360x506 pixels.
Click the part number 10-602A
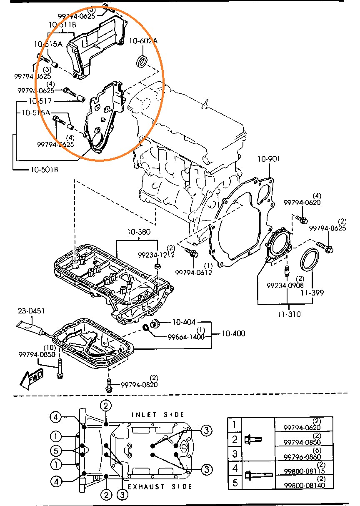[143, 41]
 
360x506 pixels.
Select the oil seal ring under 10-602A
[142, 61]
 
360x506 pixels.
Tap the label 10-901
[269, 159]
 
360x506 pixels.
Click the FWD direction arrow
[32, 378]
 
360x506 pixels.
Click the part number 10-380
[139, 232]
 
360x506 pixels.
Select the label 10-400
[233, 333]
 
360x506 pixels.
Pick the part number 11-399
[312, 293]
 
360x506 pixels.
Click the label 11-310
[289, 314]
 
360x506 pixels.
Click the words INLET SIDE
[158, 415]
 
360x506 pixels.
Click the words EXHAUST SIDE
[160, 487]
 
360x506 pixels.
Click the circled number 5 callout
[56, 451]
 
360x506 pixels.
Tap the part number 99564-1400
[186, 337]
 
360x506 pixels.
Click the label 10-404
[184, 322]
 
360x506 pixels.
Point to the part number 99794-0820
[139, 385]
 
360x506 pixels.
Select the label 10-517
[40, 101]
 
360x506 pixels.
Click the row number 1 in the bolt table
[235, 425]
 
